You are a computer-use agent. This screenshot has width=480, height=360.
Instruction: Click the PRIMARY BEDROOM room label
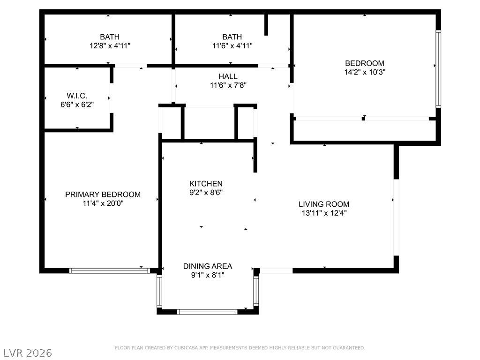103,195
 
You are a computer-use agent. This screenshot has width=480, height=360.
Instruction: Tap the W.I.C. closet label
77,96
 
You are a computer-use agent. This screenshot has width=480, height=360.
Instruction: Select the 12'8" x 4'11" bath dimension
110,46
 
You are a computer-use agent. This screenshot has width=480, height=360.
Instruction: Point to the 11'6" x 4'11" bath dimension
232,46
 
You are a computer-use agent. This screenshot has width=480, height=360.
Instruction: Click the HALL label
228,76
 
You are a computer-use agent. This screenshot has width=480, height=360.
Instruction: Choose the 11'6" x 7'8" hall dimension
228,85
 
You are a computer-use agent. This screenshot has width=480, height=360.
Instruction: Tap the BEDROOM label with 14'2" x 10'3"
365,63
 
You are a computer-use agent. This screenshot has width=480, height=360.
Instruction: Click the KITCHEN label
206,184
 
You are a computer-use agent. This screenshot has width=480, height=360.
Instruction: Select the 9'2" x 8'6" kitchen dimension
206,193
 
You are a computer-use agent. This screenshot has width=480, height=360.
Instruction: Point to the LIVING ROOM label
324,204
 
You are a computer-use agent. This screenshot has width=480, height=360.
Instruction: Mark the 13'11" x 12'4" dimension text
324,213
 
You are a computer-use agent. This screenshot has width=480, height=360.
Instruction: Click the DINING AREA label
208,266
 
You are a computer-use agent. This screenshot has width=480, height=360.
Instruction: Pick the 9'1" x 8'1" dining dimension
208,275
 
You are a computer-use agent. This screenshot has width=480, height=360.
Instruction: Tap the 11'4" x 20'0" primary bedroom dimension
103,203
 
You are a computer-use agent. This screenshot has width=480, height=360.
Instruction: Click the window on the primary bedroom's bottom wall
110,270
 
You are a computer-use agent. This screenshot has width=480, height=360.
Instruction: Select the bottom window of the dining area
207,312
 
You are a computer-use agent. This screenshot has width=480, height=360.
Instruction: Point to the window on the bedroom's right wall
438,69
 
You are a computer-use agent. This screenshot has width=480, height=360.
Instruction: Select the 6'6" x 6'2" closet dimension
77,105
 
